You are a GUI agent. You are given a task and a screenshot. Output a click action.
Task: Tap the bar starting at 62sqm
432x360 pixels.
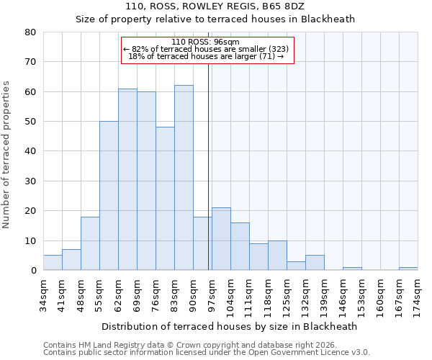point(127,179)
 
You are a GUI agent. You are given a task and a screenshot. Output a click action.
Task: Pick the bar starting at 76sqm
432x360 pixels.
point(165,199)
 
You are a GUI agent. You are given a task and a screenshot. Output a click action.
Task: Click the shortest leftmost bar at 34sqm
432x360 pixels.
point(53,263)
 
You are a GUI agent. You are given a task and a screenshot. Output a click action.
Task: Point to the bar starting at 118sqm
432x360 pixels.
point(277,256)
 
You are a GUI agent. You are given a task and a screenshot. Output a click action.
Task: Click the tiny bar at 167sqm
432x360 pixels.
point(408,269)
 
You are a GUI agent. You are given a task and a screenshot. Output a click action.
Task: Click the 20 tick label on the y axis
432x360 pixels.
point(30,211)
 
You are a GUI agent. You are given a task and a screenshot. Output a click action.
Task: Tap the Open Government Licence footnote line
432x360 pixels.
point(207,353)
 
